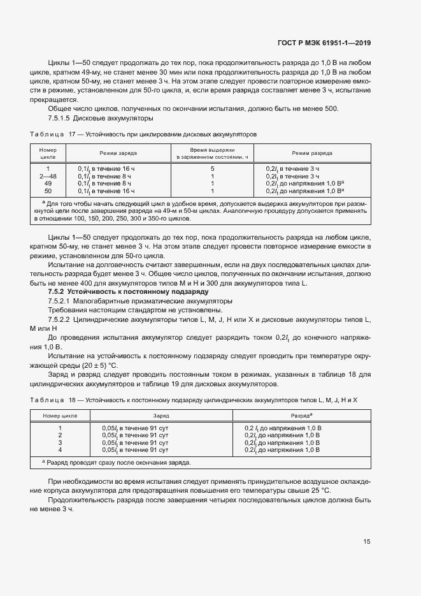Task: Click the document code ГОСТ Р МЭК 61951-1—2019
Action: pos(324,43)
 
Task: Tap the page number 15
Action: pos(366,542)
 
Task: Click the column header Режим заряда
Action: pos(118,154)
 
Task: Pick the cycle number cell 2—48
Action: pos(48,175)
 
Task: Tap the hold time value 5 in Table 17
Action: pos(212,168)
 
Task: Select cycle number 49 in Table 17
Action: pos(48,183)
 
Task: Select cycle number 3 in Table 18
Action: pos(60,442)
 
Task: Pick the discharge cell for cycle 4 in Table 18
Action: pos(283,449)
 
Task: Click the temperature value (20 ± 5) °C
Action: pos(96,365)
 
